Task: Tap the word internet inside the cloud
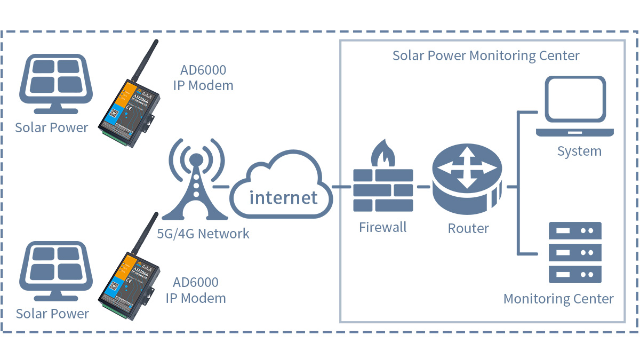pos(284,197)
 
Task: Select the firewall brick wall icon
pos(383,189)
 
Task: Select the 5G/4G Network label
pos(203,233)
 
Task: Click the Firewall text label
pos(382,228)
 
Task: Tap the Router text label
pos(468,228)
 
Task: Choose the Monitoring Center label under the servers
pos(558,299)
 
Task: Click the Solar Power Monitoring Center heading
pos(486,55)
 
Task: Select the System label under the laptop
pos(579,151)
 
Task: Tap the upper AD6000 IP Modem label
pos(203,77)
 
